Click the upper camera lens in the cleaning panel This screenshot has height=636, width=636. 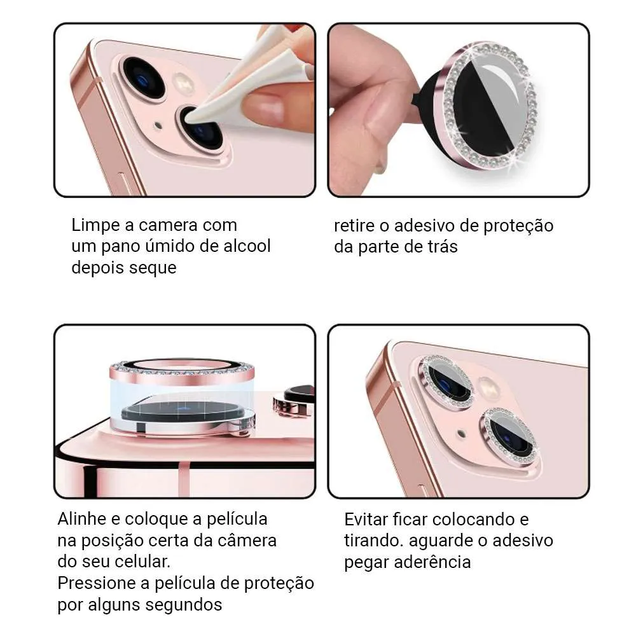(144, 78)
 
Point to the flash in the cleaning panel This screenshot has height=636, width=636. (183, 84)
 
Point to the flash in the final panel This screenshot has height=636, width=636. (489, 387)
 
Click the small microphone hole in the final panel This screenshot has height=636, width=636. (461, 434)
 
